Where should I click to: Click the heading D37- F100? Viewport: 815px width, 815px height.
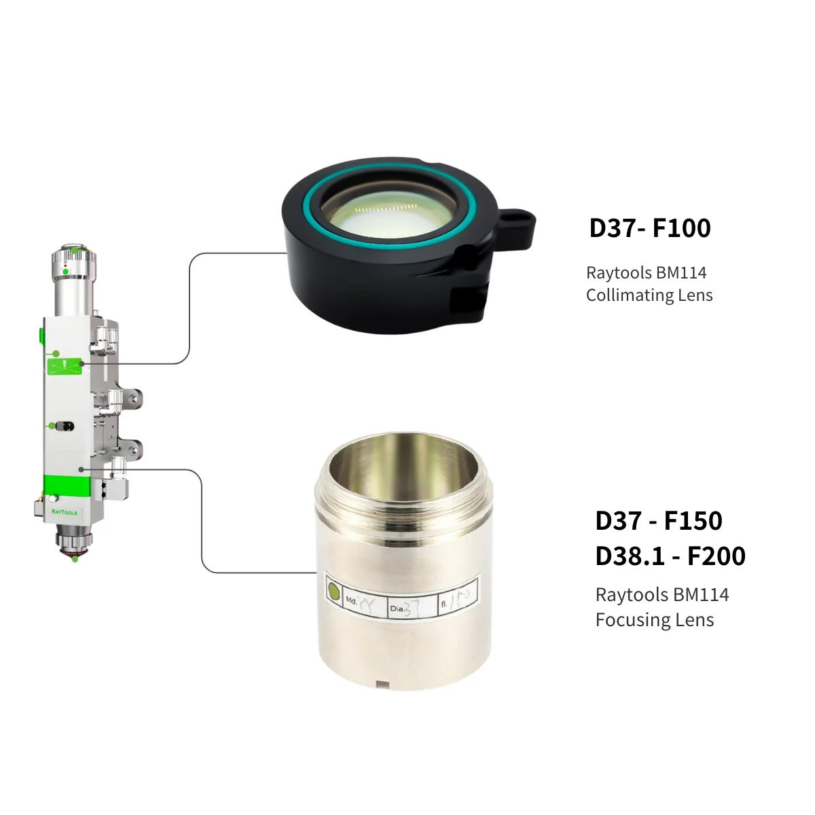point(650,228)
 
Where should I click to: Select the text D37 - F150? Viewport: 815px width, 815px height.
point(658,521)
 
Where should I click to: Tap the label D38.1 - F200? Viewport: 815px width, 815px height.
point(670,556)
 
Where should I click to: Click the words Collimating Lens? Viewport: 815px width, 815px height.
point(649,295)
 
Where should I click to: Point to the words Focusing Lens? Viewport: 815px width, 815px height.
point(654,620)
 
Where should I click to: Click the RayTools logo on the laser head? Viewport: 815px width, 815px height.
point(65,512)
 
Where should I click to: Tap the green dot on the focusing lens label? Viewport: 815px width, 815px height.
point(333,592)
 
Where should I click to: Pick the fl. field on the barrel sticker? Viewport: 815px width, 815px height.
point(457,600)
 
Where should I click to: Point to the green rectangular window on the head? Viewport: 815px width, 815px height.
point(65,366)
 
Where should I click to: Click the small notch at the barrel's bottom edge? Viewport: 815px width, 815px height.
point(382,684)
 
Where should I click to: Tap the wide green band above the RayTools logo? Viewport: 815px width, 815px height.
point(66,485)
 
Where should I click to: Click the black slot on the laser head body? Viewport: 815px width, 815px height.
point(65,426)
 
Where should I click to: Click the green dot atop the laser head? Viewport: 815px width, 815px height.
point(65,272)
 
